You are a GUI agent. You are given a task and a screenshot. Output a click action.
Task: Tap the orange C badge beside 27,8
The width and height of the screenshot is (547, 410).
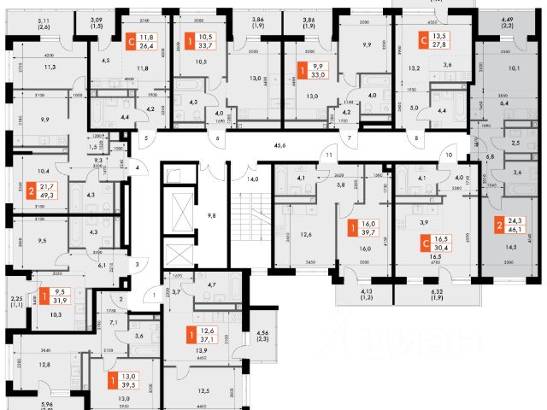pyautogui.click(x=425, y=38)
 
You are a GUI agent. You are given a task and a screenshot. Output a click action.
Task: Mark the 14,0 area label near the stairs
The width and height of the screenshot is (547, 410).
pyautogui.click(x=253, y=179)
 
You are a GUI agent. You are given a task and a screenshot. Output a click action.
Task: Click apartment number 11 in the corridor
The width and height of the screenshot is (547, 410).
pyautogui.click(x=328, y=155)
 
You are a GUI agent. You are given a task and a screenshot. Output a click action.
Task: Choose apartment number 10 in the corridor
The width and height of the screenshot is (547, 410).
pyautogui.click(x=448, y=156)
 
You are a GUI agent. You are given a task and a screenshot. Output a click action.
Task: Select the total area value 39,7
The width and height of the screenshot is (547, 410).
pyautogui.click(x=368, y=231)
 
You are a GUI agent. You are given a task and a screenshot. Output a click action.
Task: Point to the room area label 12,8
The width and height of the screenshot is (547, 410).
pyautogui.click(x=45, y=364)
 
